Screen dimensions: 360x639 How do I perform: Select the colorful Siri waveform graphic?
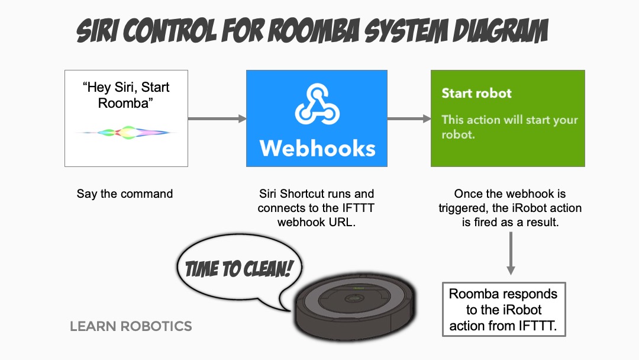126,131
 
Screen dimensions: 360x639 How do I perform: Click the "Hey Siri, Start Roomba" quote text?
126,95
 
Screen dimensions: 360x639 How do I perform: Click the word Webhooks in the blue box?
317,148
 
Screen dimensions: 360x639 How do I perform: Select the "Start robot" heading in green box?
476,93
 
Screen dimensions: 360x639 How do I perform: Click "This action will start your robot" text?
509,127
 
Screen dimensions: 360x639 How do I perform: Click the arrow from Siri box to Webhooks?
217,119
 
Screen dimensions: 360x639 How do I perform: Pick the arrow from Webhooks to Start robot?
409,119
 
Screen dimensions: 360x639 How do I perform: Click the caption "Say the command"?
125,194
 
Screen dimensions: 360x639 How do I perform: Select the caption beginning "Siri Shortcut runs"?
317,208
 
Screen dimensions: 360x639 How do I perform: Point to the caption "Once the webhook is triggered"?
510,208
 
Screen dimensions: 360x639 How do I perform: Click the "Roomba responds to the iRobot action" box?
504,310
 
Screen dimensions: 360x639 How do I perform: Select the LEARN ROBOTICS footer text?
131,326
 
